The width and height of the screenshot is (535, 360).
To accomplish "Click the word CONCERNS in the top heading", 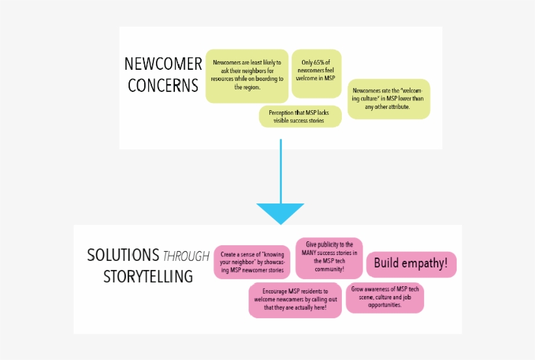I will [x=163, y=85].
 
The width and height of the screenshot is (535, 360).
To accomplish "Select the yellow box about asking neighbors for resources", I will [x=247, y=76].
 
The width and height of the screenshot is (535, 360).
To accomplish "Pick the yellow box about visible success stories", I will [x=300, y=117].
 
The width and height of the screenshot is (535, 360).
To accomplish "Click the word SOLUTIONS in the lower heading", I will [x=123, y=255].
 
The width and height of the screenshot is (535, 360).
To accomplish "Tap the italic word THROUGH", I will [x=186, y=256].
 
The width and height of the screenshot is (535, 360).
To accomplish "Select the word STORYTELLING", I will [x=148, y=277].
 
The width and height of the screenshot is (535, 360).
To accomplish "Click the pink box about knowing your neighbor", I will [x=252, y=262].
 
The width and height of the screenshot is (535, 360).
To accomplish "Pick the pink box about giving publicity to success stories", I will [x=329, y=258].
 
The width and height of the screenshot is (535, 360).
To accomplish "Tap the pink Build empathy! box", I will [x=411, y=264].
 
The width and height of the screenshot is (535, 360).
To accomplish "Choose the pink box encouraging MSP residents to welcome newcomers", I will [x=295, y=299].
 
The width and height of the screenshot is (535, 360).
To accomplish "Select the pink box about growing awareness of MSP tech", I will [x=385, y=297].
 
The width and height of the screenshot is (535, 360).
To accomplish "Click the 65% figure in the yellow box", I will [x=322, y=63].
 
